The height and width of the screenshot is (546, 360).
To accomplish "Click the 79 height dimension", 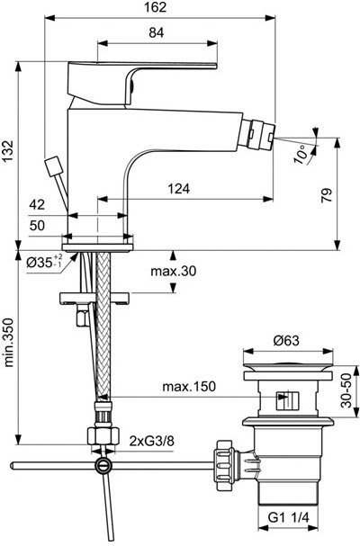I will click(328, 192).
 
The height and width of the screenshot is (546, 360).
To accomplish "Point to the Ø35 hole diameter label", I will click(46, 264).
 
